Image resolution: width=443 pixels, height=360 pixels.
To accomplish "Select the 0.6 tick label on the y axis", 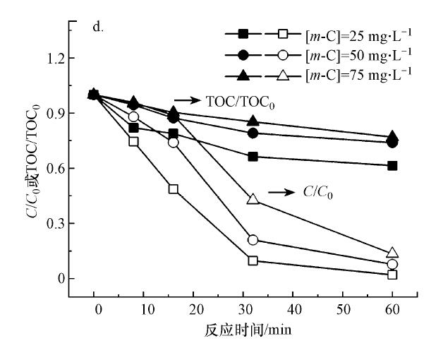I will click(59, 168).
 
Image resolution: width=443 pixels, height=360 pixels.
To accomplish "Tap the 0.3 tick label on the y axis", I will click(59, 223).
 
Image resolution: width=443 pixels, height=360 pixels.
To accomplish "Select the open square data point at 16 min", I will click(174, 189).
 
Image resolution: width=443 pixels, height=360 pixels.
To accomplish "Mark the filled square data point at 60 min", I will click(393, 165).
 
